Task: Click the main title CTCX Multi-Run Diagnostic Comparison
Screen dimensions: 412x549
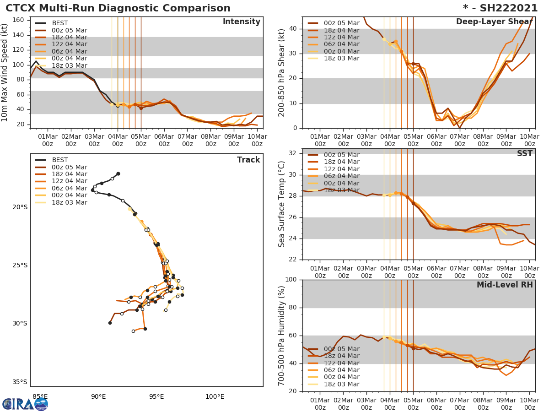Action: coord(118,8)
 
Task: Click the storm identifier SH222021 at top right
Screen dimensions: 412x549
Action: coord(501,8)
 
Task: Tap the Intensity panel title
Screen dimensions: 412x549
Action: coord(241,22)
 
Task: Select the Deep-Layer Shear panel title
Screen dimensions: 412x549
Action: coord(494,22)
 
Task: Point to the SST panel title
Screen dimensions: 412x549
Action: coord(524,154)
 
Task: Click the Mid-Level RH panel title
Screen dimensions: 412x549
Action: coord(505,285)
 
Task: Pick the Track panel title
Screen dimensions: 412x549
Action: coord(248,160)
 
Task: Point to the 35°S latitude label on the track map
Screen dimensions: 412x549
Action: coord(20,382)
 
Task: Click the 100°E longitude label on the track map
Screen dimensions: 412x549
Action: coord(215,396)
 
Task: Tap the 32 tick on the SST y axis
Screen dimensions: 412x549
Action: coord(293,153)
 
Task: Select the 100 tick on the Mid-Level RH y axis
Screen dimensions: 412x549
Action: coord(291,280)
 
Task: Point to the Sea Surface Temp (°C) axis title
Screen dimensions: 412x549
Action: coord(282,204)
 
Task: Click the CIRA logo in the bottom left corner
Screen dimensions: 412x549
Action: coord(25,404)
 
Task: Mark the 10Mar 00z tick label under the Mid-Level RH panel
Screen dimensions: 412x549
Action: coord(529,404)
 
